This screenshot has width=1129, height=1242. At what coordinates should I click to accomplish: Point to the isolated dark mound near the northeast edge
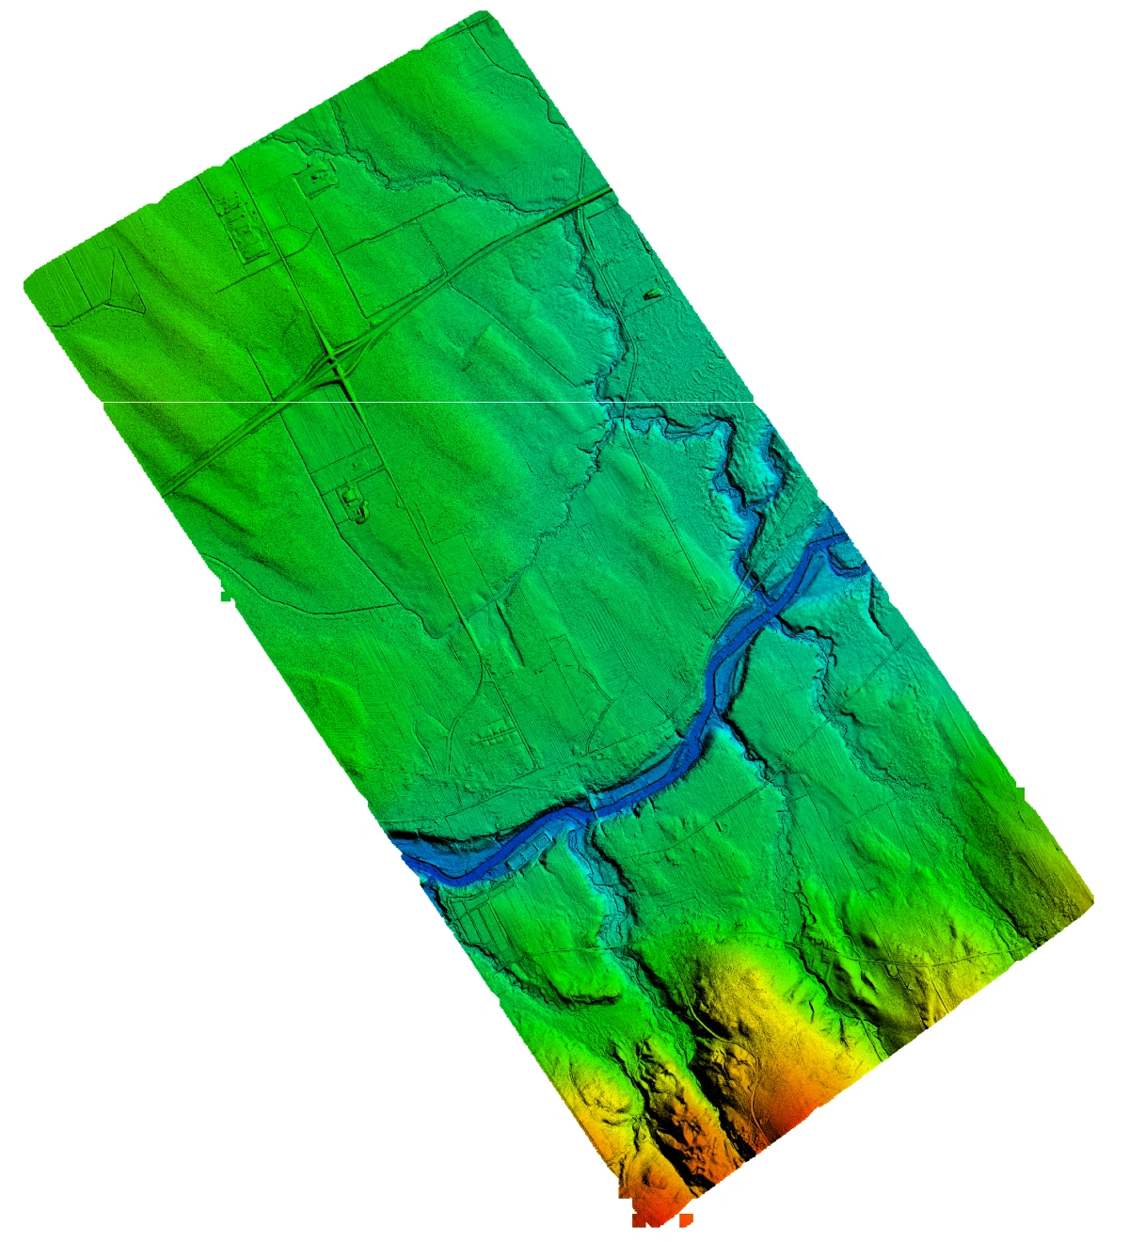pyautogui.click(x=652, y=295)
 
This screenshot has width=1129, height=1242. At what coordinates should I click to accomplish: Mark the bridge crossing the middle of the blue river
pyautogui.click(x=592, y=806)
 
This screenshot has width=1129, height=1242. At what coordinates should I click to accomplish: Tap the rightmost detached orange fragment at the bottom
pyautogui.click(x=683, y=1219)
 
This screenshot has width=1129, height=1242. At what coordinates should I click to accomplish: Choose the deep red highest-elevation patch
pyautogui.click(x=790, y=1115)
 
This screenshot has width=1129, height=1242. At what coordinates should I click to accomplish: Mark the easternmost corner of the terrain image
pyautogui.click(x=1091, y=899)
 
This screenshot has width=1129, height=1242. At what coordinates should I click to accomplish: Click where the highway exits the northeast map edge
pyautogui.click(x=610, y=191)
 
